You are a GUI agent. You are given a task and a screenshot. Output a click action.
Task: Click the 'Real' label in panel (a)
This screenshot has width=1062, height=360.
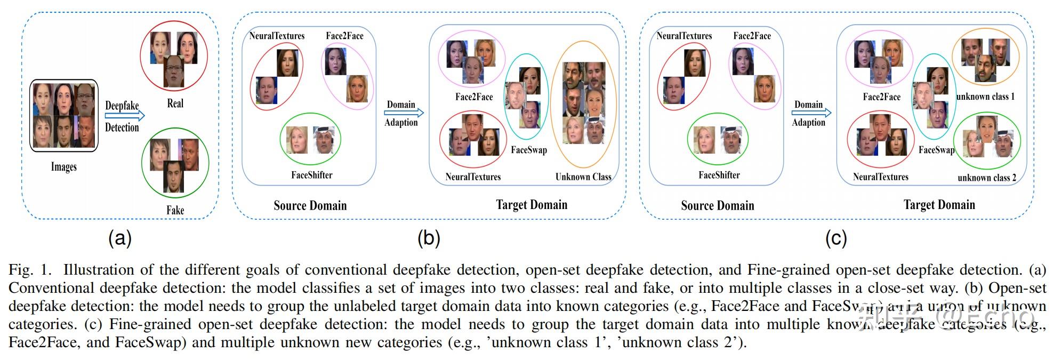coord(175,103)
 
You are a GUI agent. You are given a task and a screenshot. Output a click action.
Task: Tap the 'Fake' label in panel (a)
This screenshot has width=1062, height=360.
coord(175,210)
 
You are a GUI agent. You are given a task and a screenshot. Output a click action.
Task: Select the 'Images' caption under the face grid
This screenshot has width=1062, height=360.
coord(63,167)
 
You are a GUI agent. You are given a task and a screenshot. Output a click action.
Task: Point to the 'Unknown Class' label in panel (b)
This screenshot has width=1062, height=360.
coord(583,177)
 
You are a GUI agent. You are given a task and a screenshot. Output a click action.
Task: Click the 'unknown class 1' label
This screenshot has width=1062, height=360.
coord(985,97)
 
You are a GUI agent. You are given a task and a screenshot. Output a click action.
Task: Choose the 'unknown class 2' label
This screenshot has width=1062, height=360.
coord(986,178)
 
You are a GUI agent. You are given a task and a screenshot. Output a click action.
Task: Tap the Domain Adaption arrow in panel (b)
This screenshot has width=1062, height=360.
coord(404,113)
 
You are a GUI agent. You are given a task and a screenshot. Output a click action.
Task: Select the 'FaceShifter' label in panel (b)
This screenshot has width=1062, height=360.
coord(311,175)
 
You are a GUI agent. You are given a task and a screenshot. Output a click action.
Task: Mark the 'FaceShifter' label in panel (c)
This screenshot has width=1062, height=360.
coord(719,175)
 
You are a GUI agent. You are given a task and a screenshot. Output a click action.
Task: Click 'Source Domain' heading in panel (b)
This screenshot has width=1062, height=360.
coord(310,205)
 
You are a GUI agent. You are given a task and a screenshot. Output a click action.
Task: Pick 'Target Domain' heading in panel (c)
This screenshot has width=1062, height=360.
coord(939,205)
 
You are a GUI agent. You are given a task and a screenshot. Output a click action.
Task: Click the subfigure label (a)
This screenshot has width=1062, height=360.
coord(119,238)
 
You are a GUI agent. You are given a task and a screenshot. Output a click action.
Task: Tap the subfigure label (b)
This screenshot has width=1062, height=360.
coord(429,238)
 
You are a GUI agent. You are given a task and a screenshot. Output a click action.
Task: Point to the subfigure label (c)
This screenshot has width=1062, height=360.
coord(835,238)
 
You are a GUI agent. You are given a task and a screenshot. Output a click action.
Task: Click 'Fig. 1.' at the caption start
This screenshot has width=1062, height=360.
coord(30,270)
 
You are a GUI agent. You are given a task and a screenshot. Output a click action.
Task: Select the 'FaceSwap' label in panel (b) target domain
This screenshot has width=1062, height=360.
coord(528,150)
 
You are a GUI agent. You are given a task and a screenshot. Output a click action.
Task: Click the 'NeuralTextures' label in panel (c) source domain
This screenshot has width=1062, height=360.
coord(684,36)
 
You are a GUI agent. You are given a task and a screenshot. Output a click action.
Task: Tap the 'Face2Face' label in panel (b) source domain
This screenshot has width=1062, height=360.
coord(344,36)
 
